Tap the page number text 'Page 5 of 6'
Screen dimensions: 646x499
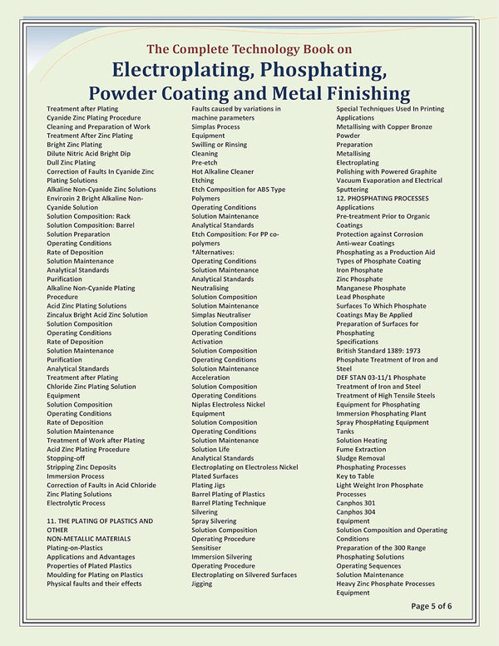(x=432, y=605)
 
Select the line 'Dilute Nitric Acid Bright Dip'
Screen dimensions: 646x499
(x=88, y=154)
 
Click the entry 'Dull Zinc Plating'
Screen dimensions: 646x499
(x=71, y=163)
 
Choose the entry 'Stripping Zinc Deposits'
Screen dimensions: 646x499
(x=82, y=467)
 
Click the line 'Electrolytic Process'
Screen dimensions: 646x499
(x=76, y=503)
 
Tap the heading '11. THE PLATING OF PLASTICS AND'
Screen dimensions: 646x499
(x=100, y=521)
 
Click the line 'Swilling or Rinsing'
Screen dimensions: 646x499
(x=219, y=145)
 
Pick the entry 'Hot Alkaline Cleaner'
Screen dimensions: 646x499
(x=223, y=171)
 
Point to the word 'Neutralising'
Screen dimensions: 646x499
(x=215, y=288)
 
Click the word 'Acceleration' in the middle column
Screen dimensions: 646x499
(x=215, y=377)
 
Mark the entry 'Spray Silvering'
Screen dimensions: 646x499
(x=214, y=521)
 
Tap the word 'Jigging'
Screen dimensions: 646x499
(x=202, y=584)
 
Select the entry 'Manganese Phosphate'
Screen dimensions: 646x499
(x=372, y=288)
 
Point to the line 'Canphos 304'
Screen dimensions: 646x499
(x=355, y=512)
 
